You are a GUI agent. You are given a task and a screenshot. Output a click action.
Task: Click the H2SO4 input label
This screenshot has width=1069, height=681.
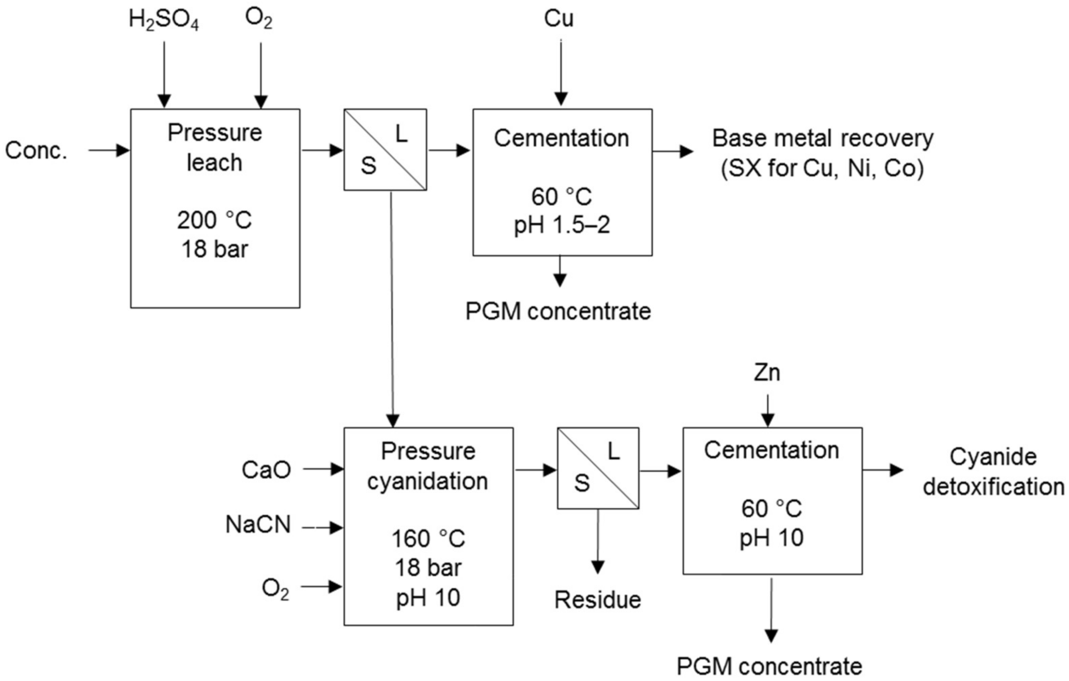tap(163, 20)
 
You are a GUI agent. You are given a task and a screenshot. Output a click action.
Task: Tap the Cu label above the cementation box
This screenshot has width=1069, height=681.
tap(558, 19)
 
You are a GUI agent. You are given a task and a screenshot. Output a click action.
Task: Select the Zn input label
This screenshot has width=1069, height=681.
tap(767, 373)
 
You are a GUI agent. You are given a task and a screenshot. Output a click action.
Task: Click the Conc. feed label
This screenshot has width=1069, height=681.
tap(36, 151)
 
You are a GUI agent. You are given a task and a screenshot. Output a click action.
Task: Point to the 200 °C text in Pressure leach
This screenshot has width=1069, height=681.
tap(214, 220)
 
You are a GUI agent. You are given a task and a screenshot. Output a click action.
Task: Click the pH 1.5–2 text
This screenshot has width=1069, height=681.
tap(562, 226)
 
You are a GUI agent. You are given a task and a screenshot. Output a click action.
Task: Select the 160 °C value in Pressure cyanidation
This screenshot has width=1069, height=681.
tap(428, 538)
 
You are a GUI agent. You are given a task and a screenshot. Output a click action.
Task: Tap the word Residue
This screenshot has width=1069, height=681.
tap(597, 600)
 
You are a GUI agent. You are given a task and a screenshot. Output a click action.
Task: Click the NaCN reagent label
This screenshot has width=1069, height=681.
tap(258, 525)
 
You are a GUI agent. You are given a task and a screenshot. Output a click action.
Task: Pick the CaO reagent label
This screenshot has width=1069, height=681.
tap(266, 469)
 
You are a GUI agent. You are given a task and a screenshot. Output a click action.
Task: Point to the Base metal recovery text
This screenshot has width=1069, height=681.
tap(822, 139)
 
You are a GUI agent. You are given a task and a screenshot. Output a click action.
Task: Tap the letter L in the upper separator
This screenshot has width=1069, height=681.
tap(401, 134)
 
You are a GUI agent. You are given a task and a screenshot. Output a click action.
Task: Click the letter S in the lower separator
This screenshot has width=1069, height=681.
tap(582, 483)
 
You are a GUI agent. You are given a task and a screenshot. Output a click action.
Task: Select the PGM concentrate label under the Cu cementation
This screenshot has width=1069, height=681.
tap(558, 311)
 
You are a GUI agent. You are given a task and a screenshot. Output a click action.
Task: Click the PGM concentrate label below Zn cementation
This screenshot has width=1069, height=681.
tap(769, 666)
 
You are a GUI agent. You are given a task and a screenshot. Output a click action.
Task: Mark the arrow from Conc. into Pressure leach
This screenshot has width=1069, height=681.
tap(109, 151)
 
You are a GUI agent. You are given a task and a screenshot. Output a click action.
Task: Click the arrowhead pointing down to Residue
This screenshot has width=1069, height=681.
tap(598, 567)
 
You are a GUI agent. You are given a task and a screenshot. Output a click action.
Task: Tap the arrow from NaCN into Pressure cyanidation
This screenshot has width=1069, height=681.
tap(323, 528)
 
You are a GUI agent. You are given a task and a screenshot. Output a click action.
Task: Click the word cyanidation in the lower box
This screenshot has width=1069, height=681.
tap(427, 482)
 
